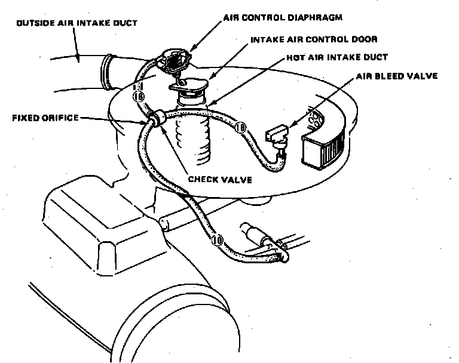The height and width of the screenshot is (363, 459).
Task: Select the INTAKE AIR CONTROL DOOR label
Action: tap(305, 39)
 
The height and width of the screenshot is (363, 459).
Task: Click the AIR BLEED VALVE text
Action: tap(397, 76)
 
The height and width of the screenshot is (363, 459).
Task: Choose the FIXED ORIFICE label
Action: tap(45, 118)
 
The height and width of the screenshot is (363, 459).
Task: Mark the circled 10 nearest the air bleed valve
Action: tap(240, 127)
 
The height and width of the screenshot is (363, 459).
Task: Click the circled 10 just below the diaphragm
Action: tap(138, 96)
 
